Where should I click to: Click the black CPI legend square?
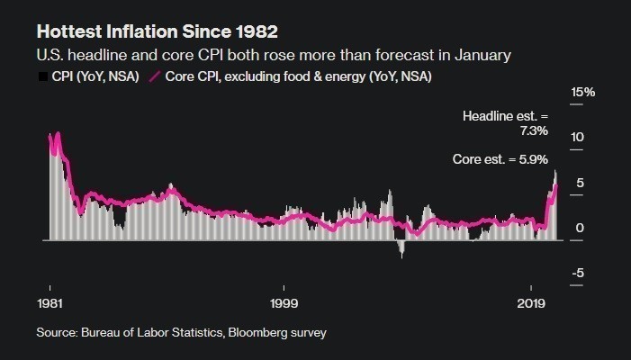point(41,77)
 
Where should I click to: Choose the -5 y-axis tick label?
point(581,274)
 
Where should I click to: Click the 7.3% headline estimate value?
point(533,131)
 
